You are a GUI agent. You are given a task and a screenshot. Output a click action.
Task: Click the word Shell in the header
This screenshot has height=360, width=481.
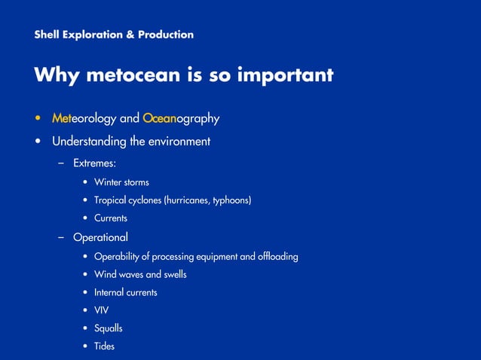coord(47,35)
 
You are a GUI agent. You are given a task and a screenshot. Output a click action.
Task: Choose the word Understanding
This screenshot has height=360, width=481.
coord(89,141)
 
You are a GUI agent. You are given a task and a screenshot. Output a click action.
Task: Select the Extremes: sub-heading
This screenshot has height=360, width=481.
coord(94,163)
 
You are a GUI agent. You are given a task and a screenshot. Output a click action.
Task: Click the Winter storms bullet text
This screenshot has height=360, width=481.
coord(121,182)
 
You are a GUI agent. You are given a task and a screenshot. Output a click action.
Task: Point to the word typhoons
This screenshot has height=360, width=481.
coord(227,200)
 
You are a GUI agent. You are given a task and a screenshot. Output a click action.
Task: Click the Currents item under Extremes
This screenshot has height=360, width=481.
coord(111,218)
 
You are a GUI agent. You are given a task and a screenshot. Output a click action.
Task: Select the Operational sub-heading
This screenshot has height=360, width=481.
coord(100,237)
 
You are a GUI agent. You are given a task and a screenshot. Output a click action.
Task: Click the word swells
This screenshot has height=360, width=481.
coord(173,274)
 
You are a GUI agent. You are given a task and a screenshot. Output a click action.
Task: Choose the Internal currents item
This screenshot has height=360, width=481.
coord(125,292)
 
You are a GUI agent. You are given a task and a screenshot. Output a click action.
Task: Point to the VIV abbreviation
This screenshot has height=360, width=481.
coord(102,310)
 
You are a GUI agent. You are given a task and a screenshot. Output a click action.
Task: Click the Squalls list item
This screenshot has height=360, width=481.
coord(108,328)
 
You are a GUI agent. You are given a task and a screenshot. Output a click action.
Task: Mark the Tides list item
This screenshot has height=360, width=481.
coord(104,346)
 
